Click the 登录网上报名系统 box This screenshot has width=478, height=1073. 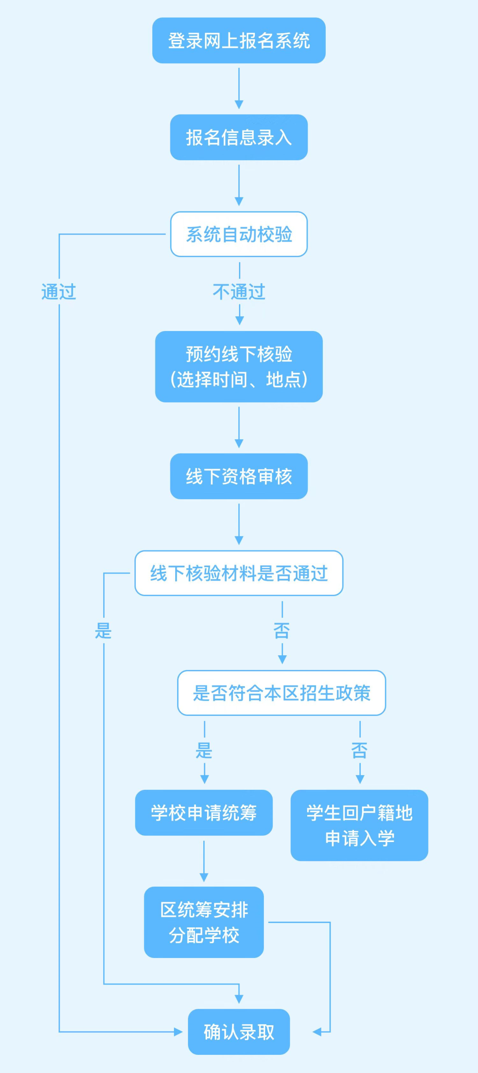coord(239,41)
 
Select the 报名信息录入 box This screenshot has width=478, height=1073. coord(239,138)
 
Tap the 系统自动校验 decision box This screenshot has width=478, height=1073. coord(239,234)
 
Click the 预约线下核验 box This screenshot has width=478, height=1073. coord(239,367)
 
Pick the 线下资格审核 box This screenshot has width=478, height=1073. coord(239,477)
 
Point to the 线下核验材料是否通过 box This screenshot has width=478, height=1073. coord(239,573)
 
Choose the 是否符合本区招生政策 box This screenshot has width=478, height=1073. coord(281,693)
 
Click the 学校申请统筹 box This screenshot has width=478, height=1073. coord(204,813)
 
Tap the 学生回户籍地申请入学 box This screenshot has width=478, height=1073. coord(359,825)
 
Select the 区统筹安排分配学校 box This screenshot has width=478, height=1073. coord(204,922)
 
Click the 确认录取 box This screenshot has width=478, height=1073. coord(239,1032)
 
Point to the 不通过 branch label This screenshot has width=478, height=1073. coord(239,292)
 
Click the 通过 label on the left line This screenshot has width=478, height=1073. coord(59,292)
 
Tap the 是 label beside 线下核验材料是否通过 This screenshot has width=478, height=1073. coord(104,631)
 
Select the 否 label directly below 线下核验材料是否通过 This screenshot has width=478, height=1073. coord(282,631)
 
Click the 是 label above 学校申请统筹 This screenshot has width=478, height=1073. coord(204,750)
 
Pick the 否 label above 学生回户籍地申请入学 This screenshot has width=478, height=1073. coord(360,750)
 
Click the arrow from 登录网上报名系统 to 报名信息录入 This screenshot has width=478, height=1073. coord(239,88)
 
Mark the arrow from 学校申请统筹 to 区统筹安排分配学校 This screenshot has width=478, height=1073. coord(204,861)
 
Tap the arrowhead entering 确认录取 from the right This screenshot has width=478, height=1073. coord(317,1032)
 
